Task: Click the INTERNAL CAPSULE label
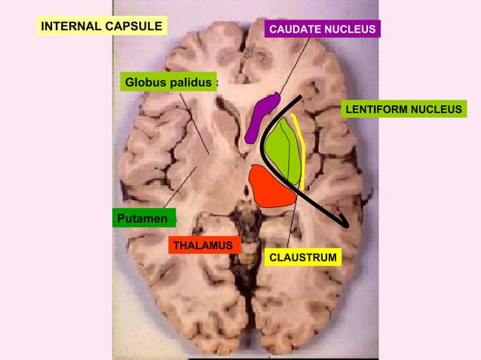click(102, 27)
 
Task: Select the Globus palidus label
click(168, 81)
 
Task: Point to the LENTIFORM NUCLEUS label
click(403, 110)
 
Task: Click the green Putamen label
click(143, 218)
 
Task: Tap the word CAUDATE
click(295, 29)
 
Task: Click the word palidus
click(190, 81)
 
